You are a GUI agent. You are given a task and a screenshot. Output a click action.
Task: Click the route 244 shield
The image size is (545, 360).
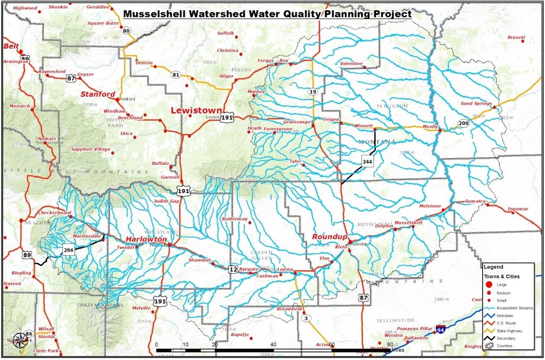click(367, 161)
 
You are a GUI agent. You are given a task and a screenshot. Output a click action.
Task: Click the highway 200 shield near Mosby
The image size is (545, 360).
click(463, 123)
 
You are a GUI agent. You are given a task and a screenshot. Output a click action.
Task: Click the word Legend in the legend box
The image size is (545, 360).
click(493, 267)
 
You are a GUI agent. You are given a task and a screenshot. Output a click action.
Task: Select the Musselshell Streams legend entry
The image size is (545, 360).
click(509, 308)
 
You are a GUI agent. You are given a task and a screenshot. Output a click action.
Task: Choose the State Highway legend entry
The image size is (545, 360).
click(509, 330)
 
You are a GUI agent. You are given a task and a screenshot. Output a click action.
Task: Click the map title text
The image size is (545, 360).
click(267, 14)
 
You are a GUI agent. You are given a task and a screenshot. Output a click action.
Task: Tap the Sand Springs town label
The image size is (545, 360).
click(473, 103)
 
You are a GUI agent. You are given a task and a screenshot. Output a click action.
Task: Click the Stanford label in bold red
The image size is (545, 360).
click(97, 94)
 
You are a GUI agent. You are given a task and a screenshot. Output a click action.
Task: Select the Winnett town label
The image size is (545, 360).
click(364, 126)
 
